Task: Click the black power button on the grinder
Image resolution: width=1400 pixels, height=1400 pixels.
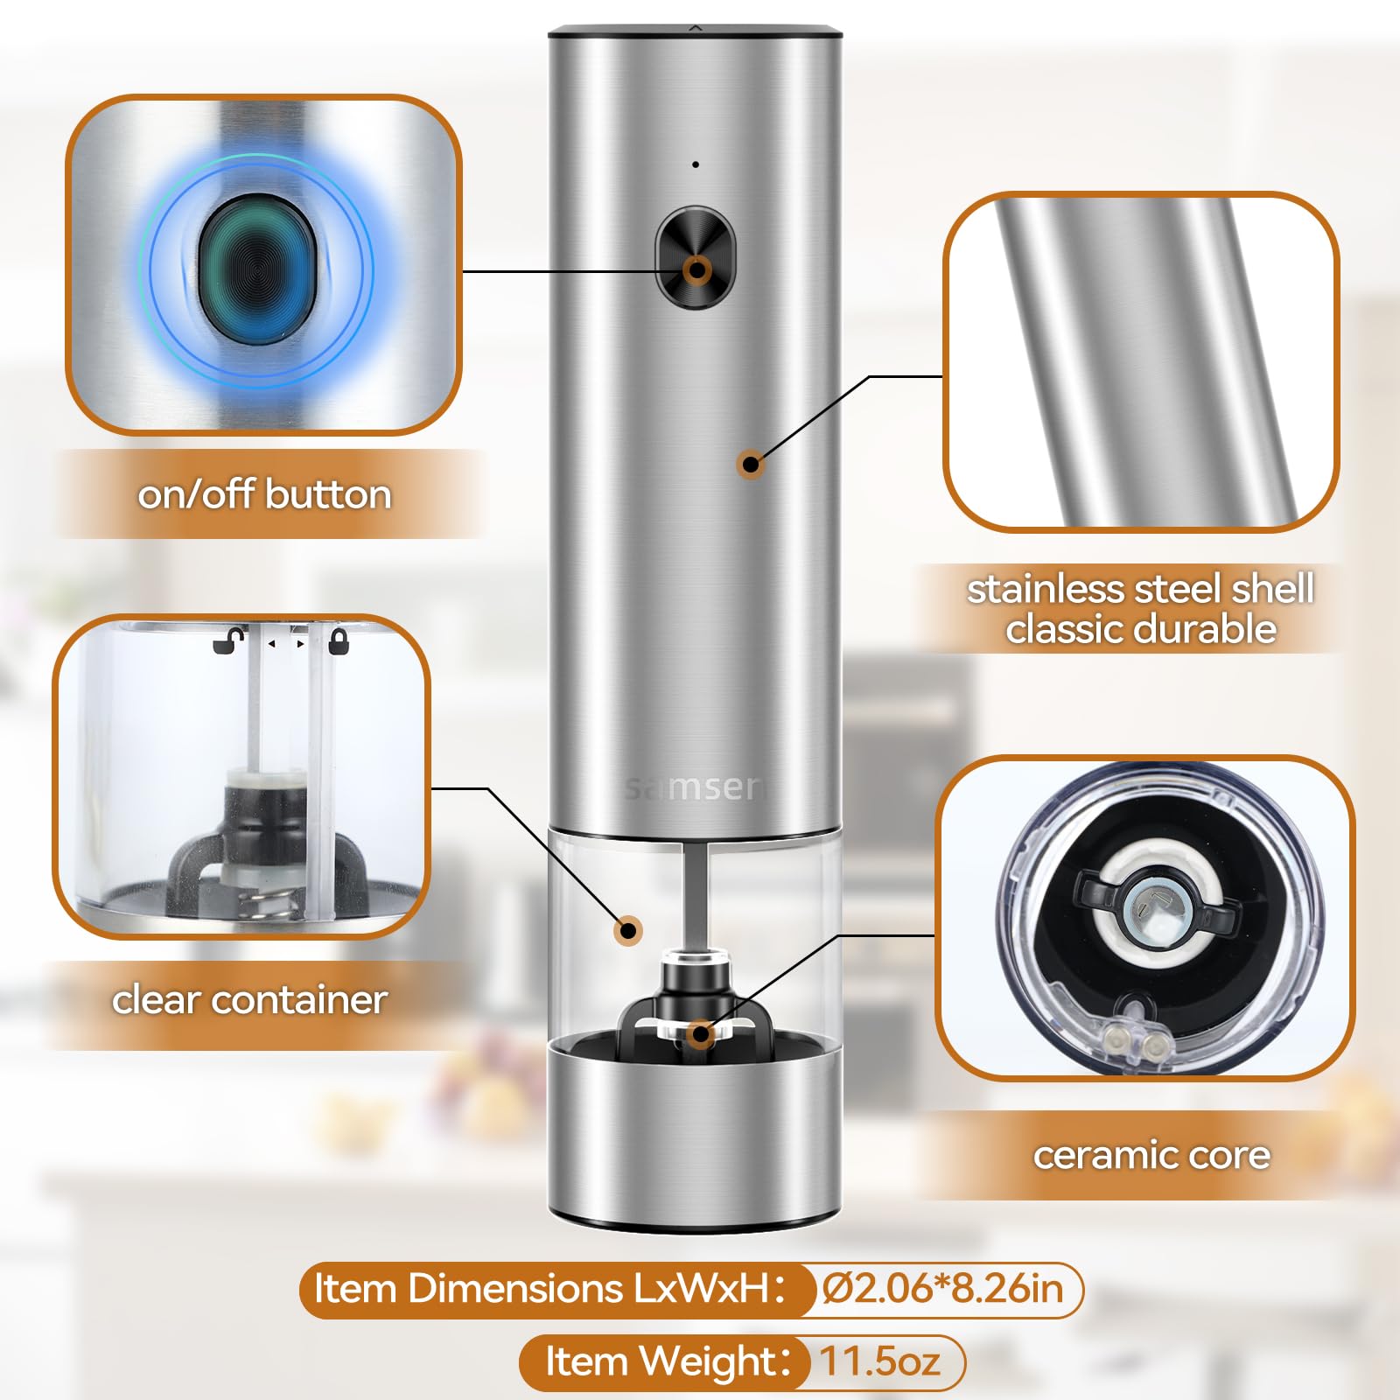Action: click(696, 258)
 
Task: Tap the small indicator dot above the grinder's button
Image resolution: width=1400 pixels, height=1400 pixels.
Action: click(696, 164)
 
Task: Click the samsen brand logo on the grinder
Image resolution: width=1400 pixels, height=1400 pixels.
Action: click(696, 787)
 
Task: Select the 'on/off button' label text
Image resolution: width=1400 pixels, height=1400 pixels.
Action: click(264, 494)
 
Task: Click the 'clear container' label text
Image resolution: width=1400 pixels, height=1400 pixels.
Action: click(249, 999)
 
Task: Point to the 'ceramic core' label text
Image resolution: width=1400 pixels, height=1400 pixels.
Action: click(1151, 1155)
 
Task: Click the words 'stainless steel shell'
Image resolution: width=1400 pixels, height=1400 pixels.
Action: click(1140, 589)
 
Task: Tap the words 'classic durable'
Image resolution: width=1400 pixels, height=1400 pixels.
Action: click(1141, 629)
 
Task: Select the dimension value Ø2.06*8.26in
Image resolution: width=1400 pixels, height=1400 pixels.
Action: click(943, 1289)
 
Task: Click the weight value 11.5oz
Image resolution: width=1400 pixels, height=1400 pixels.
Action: click(879, 1361)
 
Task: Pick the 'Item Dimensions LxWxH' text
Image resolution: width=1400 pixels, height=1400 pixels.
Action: click(542, 1289)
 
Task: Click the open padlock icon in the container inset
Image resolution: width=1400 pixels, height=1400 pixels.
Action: click(229, 640)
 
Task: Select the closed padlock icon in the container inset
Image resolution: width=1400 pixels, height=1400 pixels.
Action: click(339, 641)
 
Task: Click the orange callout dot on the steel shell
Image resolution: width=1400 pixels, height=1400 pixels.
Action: click(750, 464)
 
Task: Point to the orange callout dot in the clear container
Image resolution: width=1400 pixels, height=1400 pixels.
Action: click(628, 930)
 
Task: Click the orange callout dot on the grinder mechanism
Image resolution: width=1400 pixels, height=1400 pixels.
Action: click(700, 1034)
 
